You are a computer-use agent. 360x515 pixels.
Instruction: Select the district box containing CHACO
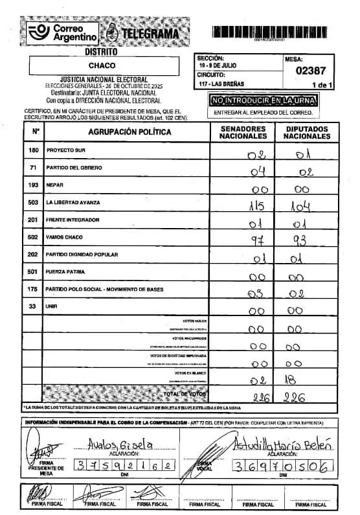[x=102, y=65]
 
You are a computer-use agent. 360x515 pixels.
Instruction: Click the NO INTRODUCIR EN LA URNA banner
[x=262, y=100]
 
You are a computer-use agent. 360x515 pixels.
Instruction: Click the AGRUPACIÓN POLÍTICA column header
[x=126, y=132]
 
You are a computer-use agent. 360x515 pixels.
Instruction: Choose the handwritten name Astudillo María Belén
[x=279, y=444]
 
